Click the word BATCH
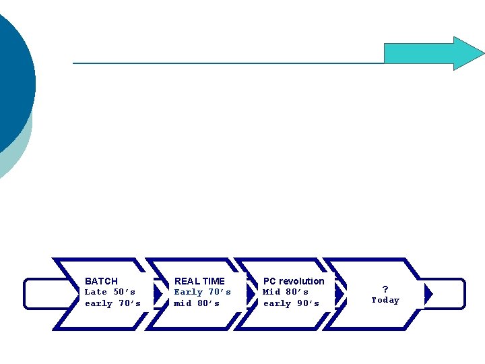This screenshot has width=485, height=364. click(x=101, y=281)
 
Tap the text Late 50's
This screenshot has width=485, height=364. click(x=110, y=292)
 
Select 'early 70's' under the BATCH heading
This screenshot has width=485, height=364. click(x=112, y=303)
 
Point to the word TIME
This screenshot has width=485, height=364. click(x=214, y=281)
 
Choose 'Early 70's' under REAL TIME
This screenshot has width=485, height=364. click(x=202, y=292)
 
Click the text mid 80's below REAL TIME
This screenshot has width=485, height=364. click(x=197, y=303)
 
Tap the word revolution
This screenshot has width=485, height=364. click(x=302, y=281)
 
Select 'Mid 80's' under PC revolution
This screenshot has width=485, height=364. click(x=286, y=292)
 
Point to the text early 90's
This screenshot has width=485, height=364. click(x=291, y=303)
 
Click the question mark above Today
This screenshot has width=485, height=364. click(x=385, y=289)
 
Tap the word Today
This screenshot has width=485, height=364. click(x=385, y=301)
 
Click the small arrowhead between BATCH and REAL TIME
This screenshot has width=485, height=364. click(x=158, y=294)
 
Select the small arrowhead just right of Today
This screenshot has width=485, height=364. click(x=428, y=294)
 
